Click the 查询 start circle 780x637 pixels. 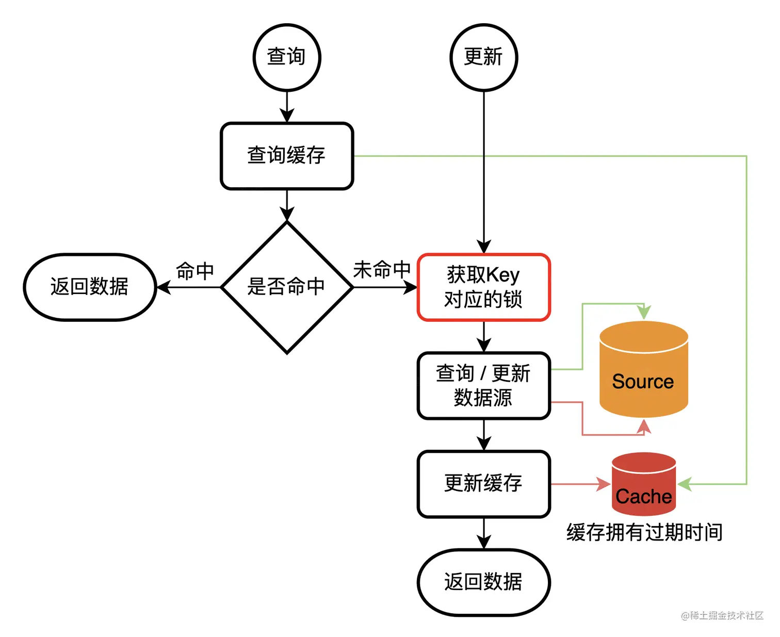click(x=287, y=57)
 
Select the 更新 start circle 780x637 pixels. click(x=483, y=57)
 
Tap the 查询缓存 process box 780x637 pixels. click(x=287, y=156)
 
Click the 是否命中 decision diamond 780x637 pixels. click(x=287, y=287)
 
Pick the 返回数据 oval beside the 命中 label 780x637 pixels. click(x=90, y=287)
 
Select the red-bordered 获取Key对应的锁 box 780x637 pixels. click(x=483, y=287)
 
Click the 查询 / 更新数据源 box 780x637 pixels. click(x=483, y=385)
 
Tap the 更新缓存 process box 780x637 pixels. click(x=483, y=484)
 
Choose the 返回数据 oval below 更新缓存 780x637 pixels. click(x=483, y=582)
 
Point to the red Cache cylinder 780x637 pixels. click(x=643, y=485)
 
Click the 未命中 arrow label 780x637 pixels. click(x=382, y=270)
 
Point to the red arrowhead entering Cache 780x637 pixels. click(x=604, y=484)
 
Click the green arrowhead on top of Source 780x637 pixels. click(x=643, y=313)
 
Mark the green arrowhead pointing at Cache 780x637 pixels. click(x=685, y=484)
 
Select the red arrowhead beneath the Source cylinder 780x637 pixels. click(x=643, y=426)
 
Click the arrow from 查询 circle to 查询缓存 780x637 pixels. click(x=287, y=107)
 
